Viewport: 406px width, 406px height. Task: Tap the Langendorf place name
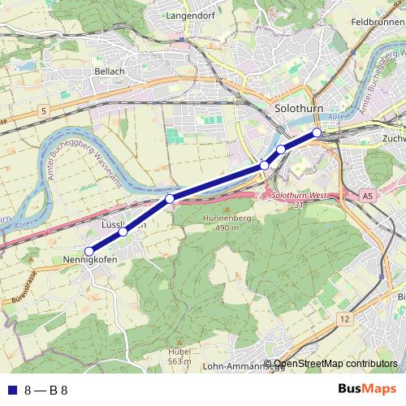[x=188, y=15]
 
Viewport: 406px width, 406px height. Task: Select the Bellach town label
[x=110, y=71]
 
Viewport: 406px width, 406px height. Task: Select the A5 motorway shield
[x=368, y=196]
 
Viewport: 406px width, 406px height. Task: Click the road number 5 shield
[x=43, y=109]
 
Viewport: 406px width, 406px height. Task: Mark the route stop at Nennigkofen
[x=89, y=251]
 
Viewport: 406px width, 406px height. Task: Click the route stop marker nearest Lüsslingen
[x=123, y=232]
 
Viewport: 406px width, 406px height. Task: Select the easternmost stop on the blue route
[x=317, y=132]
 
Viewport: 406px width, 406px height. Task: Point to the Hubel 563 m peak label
[x=179, y=356]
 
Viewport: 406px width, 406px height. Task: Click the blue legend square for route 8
[x=11, y=390]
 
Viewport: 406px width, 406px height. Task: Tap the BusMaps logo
[x=367, y=389]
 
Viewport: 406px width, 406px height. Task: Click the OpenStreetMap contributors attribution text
[x=335, y=365]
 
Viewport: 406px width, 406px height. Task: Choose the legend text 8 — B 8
[x=45, y=390]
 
